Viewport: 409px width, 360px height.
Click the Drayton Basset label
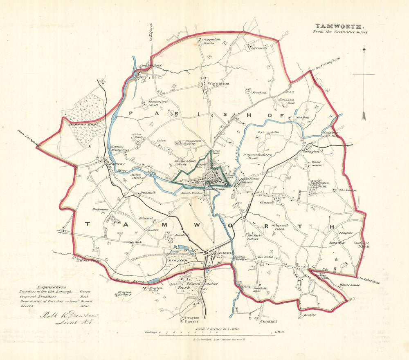point(192,320)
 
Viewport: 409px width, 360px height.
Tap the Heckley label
point(310,315)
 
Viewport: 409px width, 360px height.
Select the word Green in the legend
point(84,292)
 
